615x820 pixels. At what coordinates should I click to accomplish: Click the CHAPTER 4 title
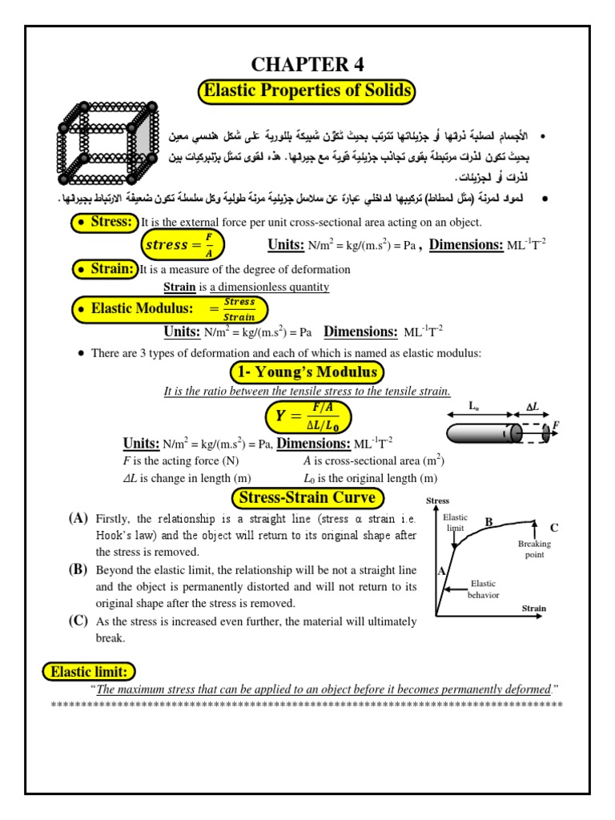click(x=307, y=65)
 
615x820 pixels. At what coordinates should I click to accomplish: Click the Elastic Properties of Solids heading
click(x=307, y=91)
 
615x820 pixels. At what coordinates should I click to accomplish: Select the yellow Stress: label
click(x=104, y=222)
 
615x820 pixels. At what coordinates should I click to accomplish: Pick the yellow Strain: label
click(x=104, y=269)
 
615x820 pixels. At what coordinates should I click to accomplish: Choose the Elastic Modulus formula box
click(x=170, y=308)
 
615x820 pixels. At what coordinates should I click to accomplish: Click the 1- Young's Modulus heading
click(x=307, y=372)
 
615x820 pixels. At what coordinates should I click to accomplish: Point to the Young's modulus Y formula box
click(x=308, y=416)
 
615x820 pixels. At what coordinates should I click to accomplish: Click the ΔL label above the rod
click(x=532, y=407)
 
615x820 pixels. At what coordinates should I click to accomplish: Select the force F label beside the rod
click(x=556, y=424)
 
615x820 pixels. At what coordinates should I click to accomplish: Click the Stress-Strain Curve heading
click(x=307, y=498)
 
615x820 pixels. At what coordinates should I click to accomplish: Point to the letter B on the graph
click(x=488, y=521)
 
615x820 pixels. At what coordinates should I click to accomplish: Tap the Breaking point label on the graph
click(x=534, y=549)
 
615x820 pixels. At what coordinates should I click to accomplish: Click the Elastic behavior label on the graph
click(x=483, y=589)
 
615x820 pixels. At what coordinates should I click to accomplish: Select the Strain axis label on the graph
click(x=533, y=609)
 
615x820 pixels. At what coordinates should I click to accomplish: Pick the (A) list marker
click(x=78, y=519)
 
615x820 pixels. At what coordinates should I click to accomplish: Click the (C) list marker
click(x=78, y=621)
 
